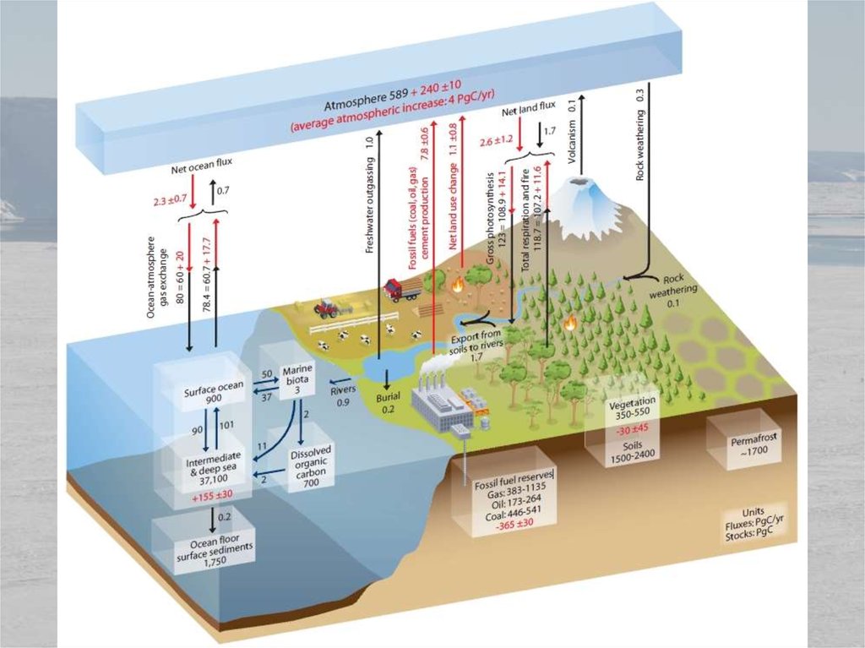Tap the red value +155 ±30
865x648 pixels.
[x=212, y=495]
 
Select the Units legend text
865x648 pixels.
[x=757, y=523]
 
